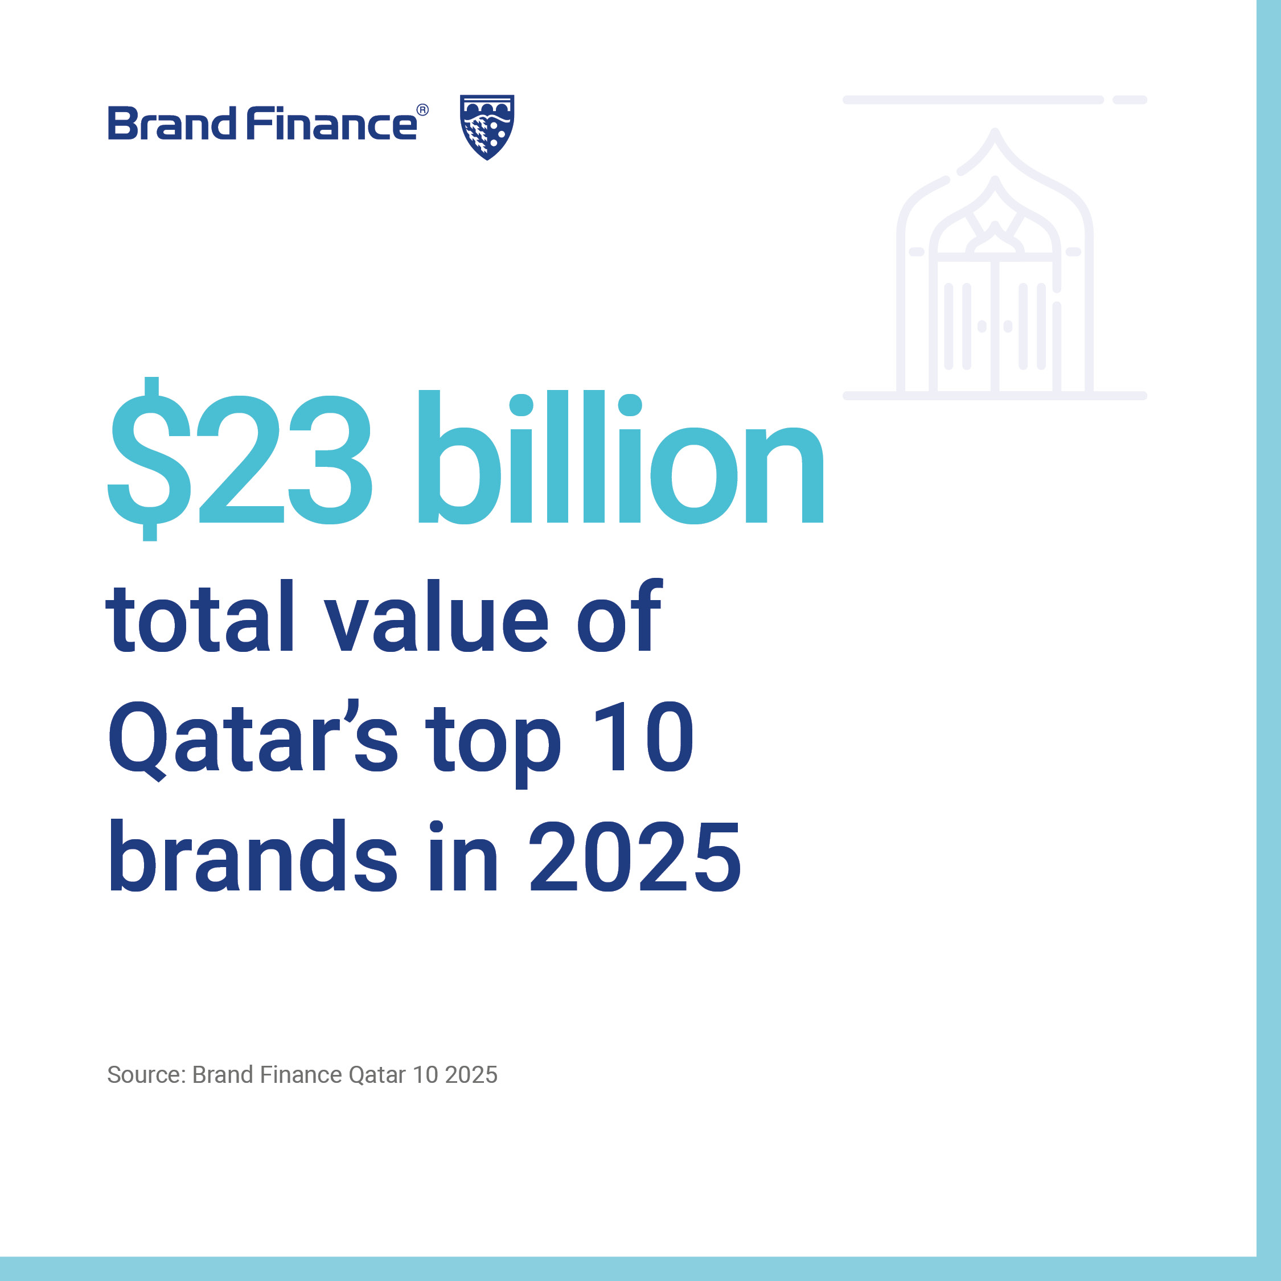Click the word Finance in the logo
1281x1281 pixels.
(331, 124)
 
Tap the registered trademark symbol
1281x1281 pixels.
(422, 110)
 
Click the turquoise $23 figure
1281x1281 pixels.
(240, 459)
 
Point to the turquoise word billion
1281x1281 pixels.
(621, 457)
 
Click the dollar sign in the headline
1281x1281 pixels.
(150, 459)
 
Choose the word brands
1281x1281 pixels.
(253, 855)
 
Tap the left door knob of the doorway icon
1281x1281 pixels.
(982, 326)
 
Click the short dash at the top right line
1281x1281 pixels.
(1130, 100)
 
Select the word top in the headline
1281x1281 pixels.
(493, 744)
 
